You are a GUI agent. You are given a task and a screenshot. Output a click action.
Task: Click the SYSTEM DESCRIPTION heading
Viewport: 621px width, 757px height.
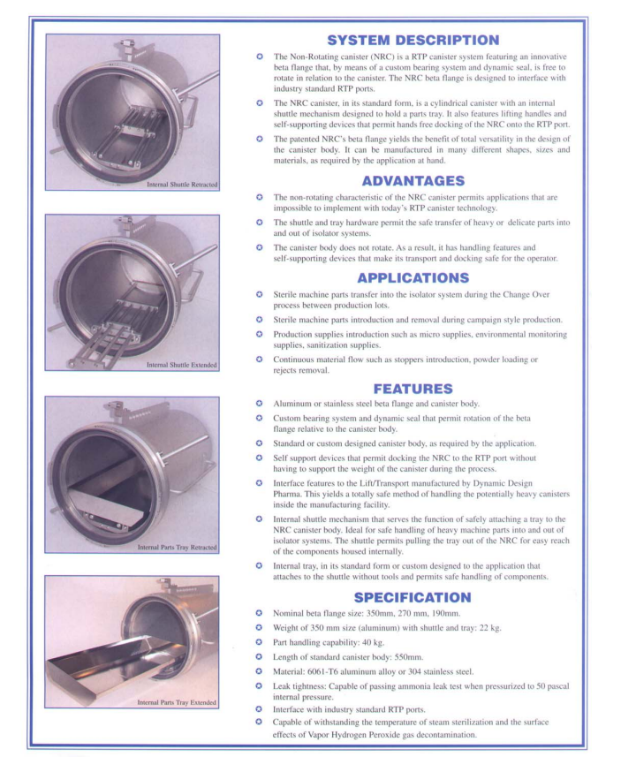point(413,40)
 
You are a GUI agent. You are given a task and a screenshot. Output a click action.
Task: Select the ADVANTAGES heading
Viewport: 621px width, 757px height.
point(413,180)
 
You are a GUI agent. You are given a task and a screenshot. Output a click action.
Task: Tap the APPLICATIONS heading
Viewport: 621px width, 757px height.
point(413,276)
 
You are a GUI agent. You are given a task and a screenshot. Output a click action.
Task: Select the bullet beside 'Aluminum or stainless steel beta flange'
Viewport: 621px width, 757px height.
point(260,404)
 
